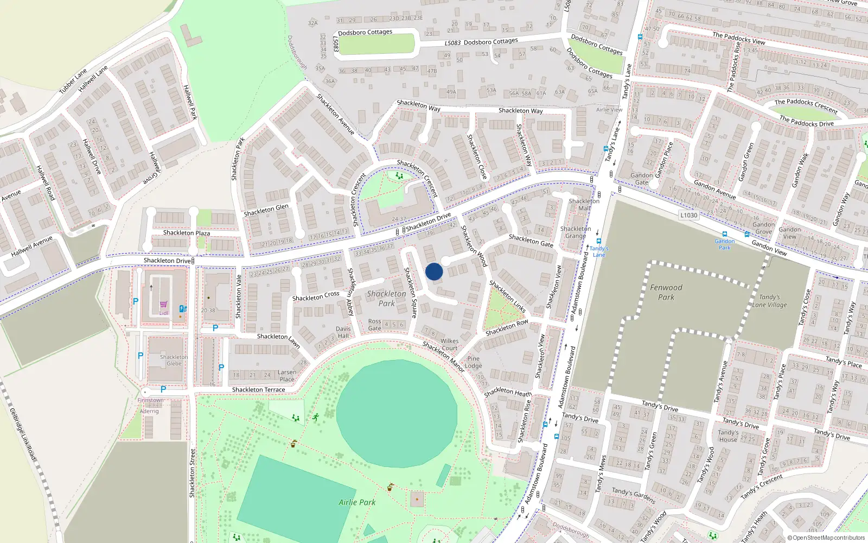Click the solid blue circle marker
pos(434,271)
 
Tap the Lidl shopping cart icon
pos(163,305)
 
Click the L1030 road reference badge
pos(688,215)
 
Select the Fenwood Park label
pos(666,292)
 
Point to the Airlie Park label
pos(357,502)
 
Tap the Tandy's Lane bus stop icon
pos(598,241)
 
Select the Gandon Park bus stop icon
pos(724,234)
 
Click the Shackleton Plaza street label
pos(187,233)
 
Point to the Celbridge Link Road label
pos(23,434)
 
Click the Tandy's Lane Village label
pos(769,301)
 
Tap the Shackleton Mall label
pos(584,204)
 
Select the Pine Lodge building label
pos(473,362)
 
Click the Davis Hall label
pos(343,332)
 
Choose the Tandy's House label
pos(728,436)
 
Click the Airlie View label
pos(609,110)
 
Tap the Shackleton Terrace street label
pos(258,390)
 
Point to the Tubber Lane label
pos(73,80)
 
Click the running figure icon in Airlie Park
pos(316,417)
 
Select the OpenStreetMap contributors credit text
pos(826,538)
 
